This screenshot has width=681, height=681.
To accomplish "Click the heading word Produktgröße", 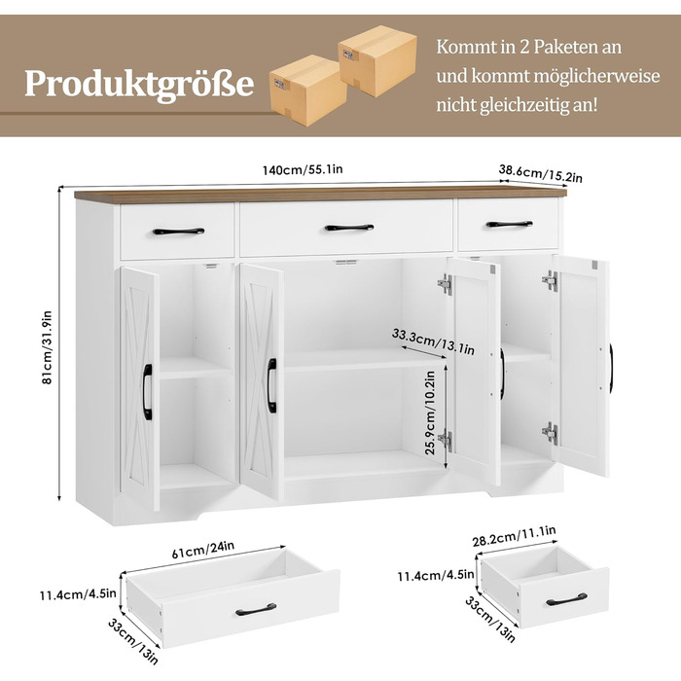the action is [x=139, y=84].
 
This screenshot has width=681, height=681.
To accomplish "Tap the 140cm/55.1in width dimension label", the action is [x=303, y=169].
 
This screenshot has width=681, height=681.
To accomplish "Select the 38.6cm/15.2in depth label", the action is [x=540, y=174].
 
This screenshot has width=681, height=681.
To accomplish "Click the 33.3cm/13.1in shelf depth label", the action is [x=433, y=341].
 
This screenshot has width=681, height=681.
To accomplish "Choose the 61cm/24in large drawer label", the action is [x=202, y=550].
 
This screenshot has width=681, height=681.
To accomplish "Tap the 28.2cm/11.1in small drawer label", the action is [x=515, y=536].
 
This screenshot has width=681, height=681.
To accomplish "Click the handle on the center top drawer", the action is [x=349, y=228].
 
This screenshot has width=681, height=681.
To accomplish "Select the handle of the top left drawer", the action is [x=178, y=232].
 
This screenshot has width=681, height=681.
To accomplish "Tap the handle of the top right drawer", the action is [x=509, y=224].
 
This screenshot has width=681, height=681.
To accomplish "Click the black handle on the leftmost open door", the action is [x=148, y=392].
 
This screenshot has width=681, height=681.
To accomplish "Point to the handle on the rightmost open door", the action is [x=611, y=369].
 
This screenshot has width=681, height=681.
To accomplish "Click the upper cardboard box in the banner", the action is [x=377, y=59].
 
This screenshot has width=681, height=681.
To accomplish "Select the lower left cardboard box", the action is [x=307, y=90].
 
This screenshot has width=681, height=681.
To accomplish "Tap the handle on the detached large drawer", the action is [x=256, y=609].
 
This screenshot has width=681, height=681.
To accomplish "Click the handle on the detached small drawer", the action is [x=566, y=599].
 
